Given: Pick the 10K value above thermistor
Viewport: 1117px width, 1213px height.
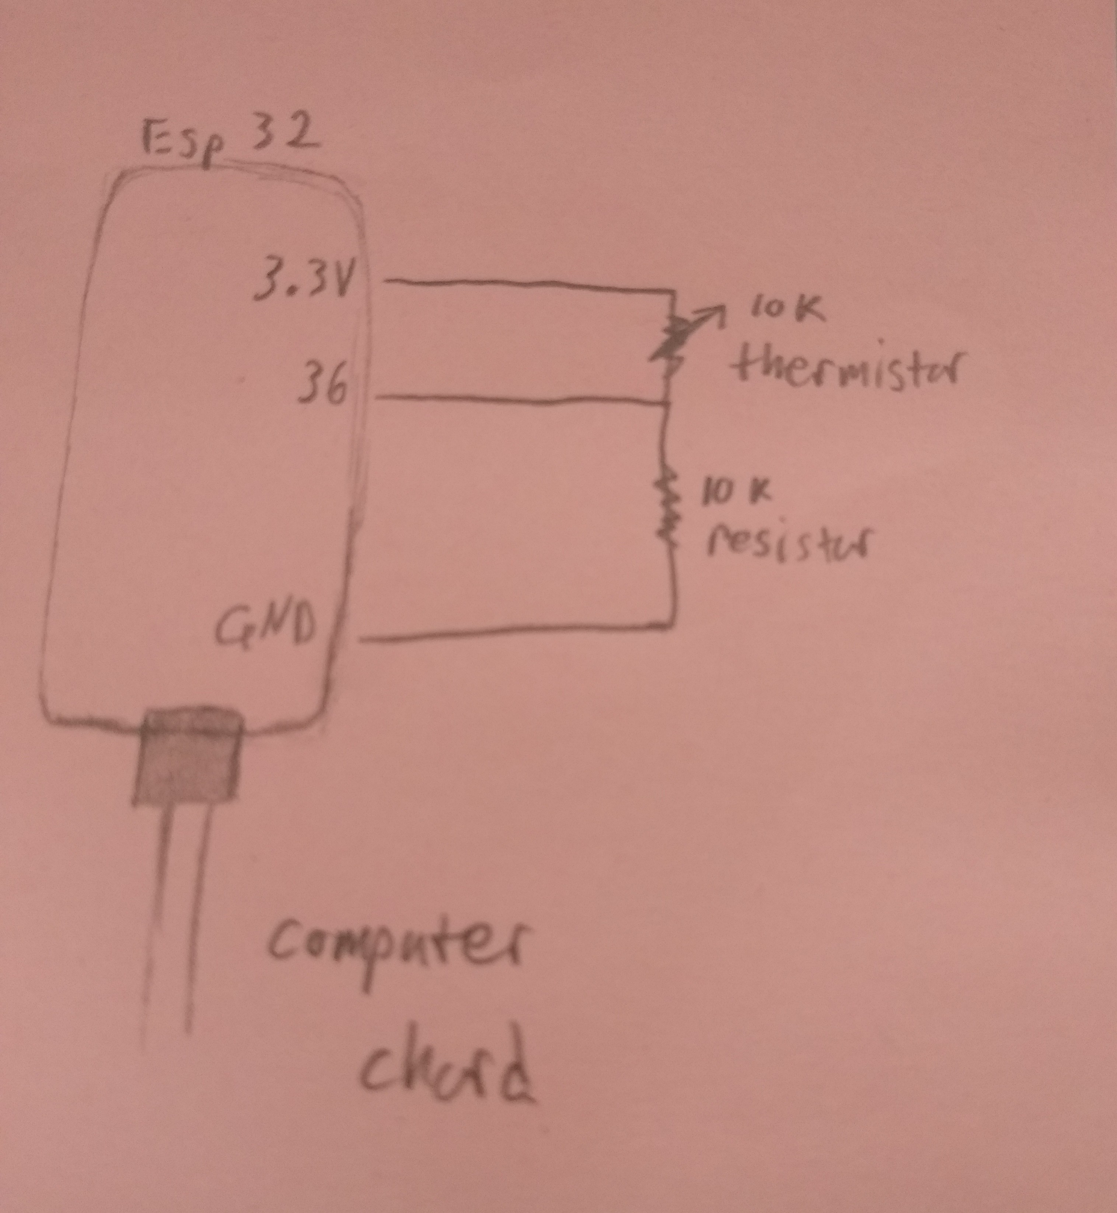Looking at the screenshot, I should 785,312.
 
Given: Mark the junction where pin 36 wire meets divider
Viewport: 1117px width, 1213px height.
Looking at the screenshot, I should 667,404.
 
